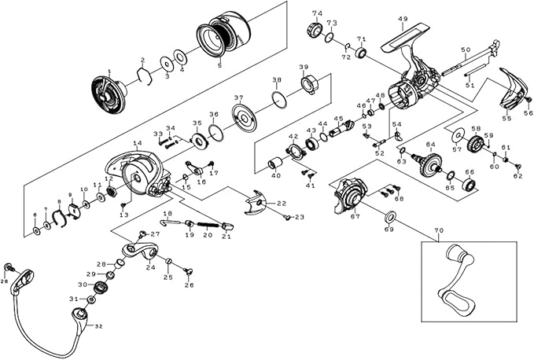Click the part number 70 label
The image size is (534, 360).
[439, 232]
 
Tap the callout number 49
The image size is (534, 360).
[403, 19]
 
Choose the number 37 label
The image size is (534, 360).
[238, 97]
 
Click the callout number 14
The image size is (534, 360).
[137, 144]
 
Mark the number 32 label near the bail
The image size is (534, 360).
[98, 325]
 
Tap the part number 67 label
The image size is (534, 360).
[355, 216]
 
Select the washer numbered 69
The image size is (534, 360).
[389, 217]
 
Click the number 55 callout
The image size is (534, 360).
[507, 118]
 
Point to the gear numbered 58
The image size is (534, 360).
[475, 145]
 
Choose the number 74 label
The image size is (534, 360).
[317, 13]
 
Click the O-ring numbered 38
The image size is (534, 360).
[278, 98]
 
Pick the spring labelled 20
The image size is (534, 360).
[207, 223]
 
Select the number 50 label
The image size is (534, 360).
[466, 50]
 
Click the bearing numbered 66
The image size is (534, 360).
[470, 186]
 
